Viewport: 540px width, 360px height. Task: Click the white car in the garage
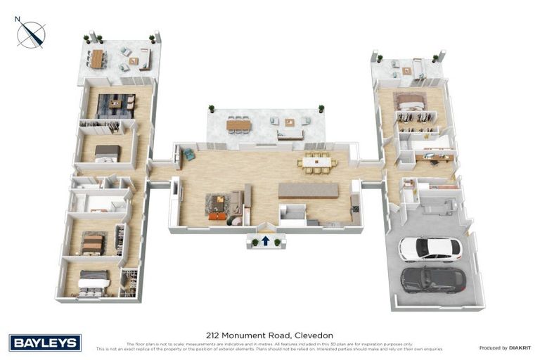coord(430,249)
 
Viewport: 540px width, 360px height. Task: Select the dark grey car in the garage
coord(432,280)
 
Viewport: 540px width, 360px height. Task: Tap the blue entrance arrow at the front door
coord(266,240)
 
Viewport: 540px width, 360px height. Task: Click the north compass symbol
coord(32,33)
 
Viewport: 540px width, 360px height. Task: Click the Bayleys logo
coord(45,342)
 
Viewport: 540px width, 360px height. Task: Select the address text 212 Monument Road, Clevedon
coord(269,335)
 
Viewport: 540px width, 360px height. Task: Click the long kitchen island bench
coord(308,191)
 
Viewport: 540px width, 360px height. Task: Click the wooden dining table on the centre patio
coord(238,125)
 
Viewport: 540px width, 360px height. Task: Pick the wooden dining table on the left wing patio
coord(96,59)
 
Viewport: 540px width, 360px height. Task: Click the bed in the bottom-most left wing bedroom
coord(93,283)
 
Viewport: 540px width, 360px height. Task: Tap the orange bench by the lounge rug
coord(219,217)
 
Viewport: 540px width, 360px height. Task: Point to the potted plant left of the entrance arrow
coord(254,243)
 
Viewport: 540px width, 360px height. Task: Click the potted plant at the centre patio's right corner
coord(321,109)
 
